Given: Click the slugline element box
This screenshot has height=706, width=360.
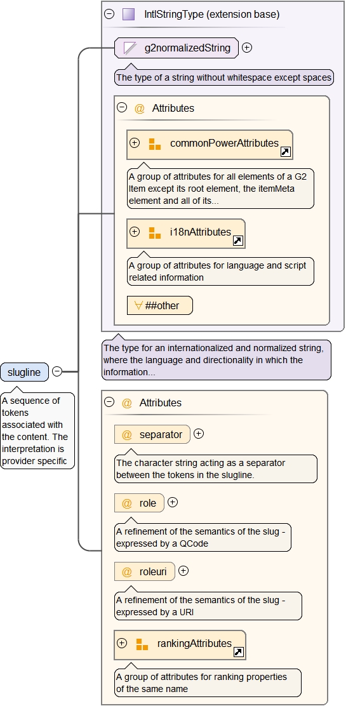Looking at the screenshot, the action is pyautogui.click(x=24, y=372).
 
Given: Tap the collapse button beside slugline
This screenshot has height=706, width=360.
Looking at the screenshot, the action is pyautogui.click(x=57, y=371).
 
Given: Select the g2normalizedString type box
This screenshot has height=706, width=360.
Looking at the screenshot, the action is pyautogui.click(x=177, y=48).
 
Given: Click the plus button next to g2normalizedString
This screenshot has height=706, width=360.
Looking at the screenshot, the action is pyautogui.click(x=246, y=47).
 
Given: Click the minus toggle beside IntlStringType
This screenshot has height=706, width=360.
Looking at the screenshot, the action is pyautogui.click(x=109, y=14).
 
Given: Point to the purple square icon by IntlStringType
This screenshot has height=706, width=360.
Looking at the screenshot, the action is pyautogui.click(x=129, y=15).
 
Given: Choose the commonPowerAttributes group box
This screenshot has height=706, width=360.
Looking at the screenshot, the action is pyautogui.click(x=210, y=145).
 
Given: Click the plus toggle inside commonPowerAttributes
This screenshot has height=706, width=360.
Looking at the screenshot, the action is pyautogui.click(x=135, y=143).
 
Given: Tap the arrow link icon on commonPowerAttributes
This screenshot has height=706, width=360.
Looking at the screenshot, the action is pyautogui.click(x=285, y=152).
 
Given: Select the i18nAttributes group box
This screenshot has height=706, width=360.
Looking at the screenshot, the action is pyautogui.click(x=186, y=233).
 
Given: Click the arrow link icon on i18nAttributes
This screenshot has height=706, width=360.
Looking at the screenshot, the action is pyautogui.click(x=237, y=241).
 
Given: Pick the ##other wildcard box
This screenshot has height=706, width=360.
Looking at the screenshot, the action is pyautogui.click(x=160, y=306).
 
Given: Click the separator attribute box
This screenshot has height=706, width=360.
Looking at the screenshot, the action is pyautogui.click(x=152, y=434).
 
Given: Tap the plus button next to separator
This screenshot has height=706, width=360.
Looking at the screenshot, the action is pyautogui.click(x=199, y=434).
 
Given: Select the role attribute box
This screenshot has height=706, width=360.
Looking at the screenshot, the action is pyautogui.click(x=139, y=503).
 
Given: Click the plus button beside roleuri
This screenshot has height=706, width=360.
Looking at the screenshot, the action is pyautogui.click(x=183, y=571).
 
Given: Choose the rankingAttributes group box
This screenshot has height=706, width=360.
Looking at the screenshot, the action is pyautogui.click(x=180, y=645).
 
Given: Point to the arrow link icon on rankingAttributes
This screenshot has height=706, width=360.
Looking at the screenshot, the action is pyautogui.click(x=239, y=652).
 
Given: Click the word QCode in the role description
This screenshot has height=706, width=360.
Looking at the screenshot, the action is pyautogui.click(x=194, y=543).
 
